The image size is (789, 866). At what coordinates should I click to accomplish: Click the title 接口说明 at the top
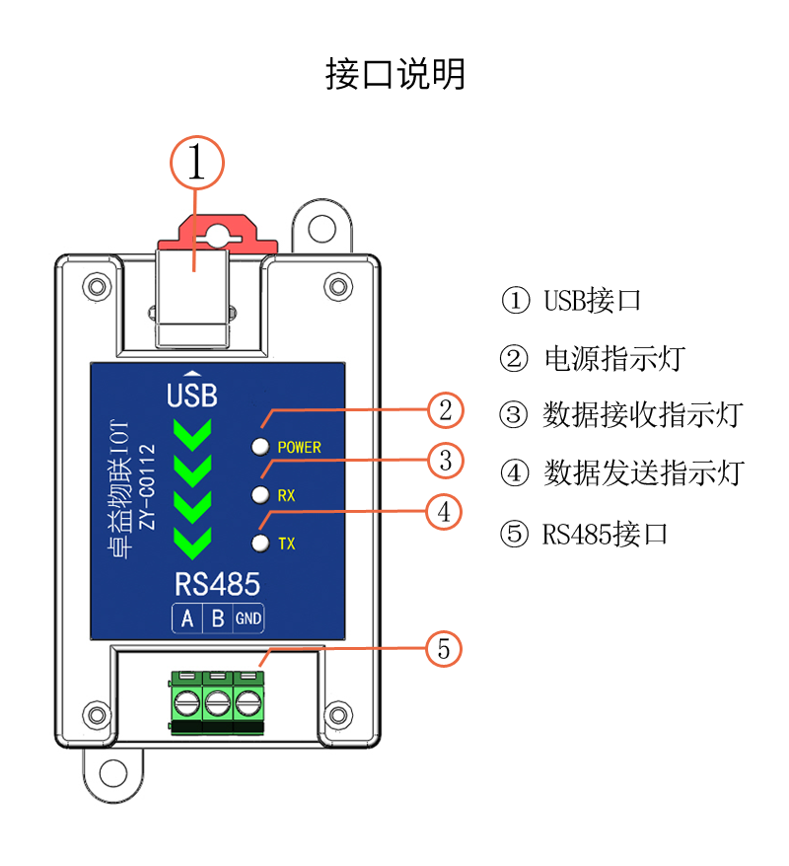pyautogui.click(x=394, y=74)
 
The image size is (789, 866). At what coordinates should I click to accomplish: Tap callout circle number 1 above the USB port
pyautogui.click(x=198, y=162)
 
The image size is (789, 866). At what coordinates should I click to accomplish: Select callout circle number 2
pyautogui.click(x=445, y=410)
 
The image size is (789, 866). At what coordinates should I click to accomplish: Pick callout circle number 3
pyautogui.click(x=445, y=461)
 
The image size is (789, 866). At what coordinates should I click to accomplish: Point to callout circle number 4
pyautogui.click(x=445, y=512)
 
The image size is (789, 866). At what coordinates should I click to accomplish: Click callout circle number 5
pyautogui.click(x=444, y=648)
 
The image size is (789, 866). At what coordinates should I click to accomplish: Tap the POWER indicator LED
pyautogui.click(x=260, y=447)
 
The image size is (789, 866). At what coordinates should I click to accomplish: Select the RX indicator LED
pyautogui.click(x=260, y=494)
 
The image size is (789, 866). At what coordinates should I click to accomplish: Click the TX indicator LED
pyautogui.click(x=260, y=542)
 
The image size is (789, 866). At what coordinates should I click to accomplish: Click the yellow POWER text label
pyautogui.click(x=299, y=447)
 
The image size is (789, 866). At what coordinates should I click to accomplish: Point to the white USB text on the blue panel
pyautogui.click(x=192, y=396)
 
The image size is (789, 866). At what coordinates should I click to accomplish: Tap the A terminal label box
pyautogui.click(x=186, y=618)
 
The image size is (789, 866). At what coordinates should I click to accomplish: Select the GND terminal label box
pyautogui.click(x=249, y=618)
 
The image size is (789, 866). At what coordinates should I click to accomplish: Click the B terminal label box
pyautogui.click(x=217, y=618)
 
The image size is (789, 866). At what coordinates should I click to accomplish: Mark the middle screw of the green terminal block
pyautogui.click(x=217, y=703)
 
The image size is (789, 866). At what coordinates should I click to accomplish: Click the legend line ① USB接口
pyautogui.click(x=571, y=300)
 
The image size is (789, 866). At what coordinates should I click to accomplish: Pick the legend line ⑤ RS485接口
pyautogui.click(x=585, y=535)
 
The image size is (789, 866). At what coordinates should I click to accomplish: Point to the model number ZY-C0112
pyautogui.click(x=147, y=485)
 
